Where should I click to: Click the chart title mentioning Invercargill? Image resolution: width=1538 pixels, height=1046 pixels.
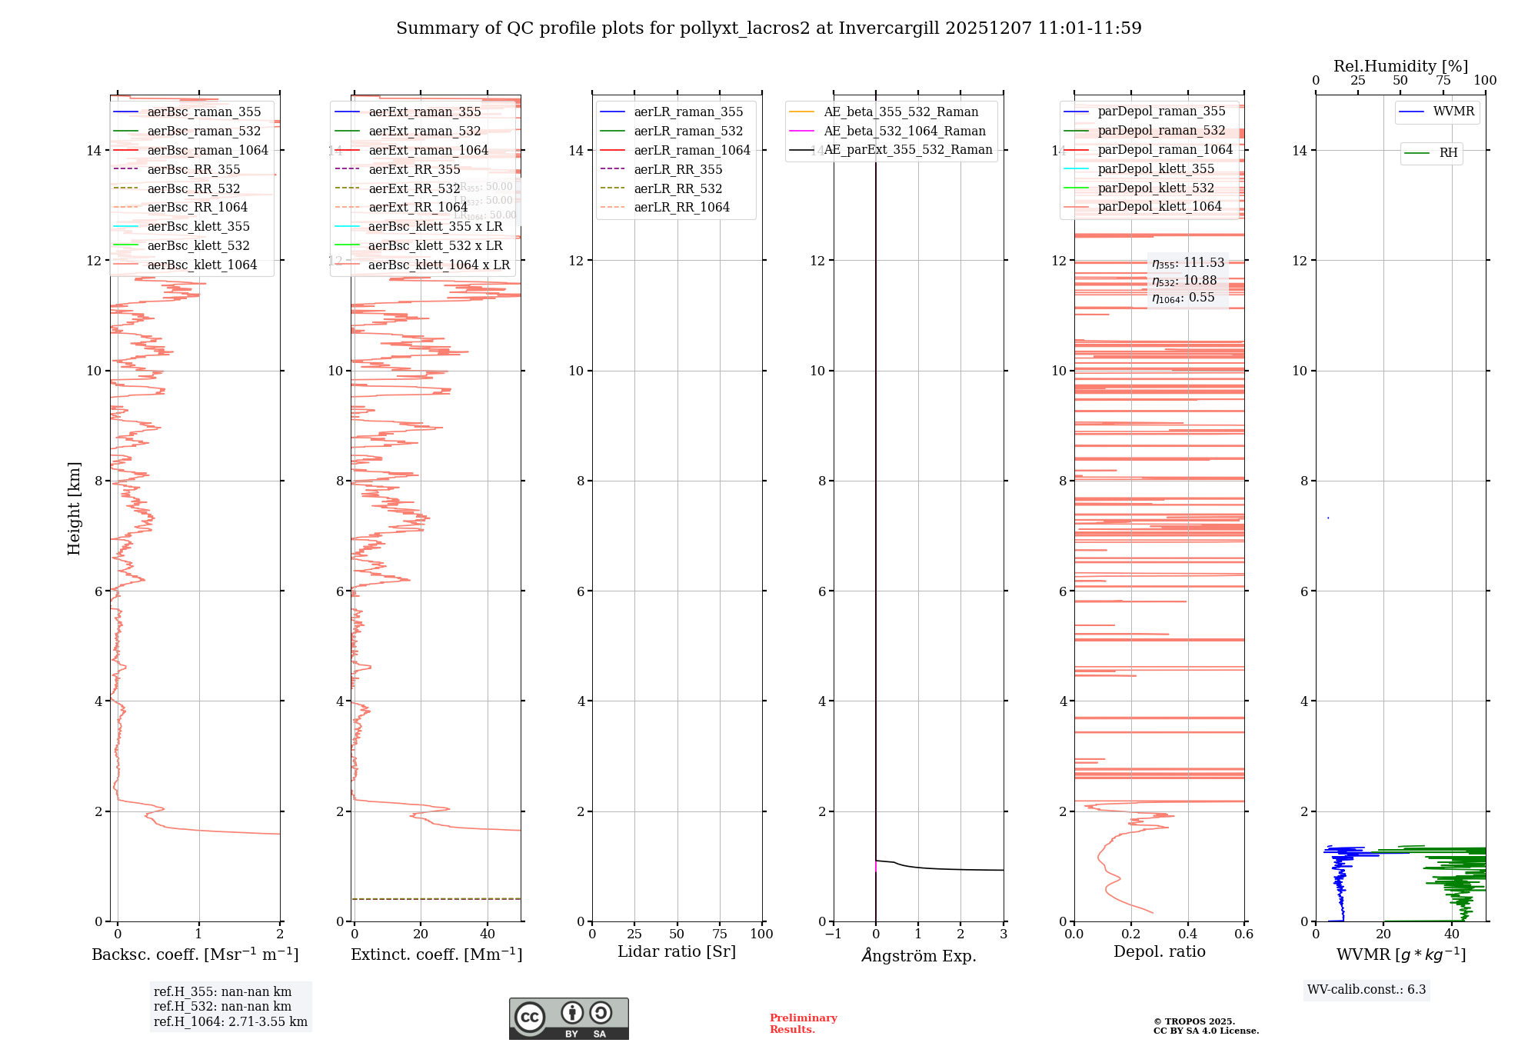pos(768,28)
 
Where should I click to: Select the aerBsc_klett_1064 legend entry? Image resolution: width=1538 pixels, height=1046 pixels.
pos(201,265)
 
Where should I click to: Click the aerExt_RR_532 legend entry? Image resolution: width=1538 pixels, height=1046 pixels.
pos(414,188)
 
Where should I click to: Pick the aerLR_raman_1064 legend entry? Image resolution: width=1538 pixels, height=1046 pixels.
pos(691,150)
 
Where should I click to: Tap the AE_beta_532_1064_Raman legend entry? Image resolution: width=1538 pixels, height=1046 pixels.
pos(904,131)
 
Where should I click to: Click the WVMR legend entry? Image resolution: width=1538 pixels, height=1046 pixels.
pos(1453,112)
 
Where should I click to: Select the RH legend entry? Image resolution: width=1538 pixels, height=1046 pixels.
pos(1448,153)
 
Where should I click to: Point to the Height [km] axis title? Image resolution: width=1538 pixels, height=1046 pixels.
pos(74,508)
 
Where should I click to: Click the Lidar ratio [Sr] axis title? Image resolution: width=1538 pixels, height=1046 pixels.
pos(677,951)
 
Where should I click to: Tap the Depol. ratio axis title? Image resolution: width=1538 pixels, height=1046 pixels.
pos(1159,951)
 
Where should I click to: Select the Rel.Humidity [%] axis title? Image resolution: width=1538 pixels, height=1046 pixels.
pos(1400,66)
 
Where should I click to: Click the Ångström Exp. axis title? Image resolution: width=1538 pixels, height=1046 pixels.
pos(918,955)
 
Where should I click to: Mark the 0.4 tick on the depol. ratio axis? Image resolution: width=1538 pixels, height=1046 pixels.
pos(1187,934)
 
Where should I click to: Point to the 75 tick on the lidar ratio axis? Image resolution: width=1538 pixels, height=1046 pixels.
pos(720,934)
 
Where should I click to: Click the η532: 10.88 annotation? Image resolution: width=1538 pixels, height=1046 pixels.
pos(1184,281)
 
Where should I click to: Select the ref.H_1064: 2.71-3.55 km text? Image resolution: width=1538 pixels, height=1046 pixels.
pos(231,1021)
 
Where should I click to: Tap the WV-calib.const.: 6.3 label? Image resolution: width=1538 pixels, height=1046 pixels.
pos(1367,989)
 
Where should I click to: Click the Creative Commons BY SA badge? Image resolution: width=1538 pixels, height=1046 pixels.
pos(568,1018)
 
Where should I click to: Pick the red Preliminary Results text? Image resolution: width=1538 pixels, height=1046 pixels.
pos(803,1023)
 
